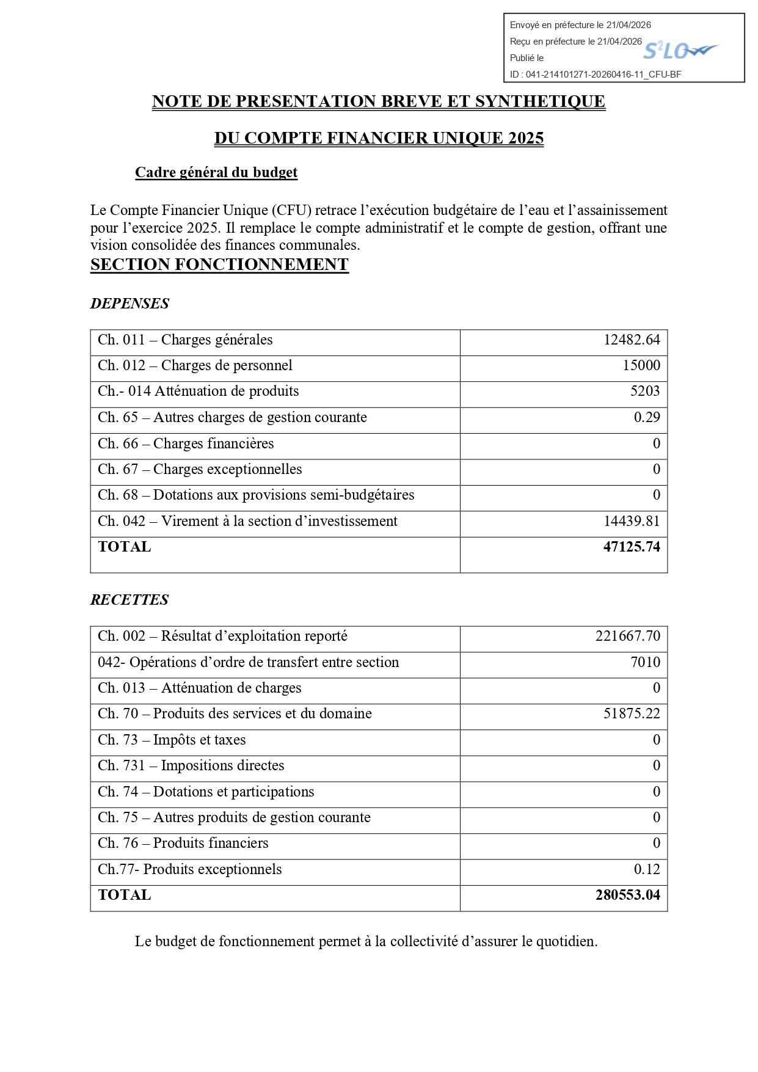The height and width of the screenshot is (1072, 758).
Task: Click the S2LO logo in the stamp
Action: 679,51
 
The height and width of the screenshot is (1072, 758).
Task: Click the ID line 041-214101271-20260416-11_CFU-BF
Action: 596,75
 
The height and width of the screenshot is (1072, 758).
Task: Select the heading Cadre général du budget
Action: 216,173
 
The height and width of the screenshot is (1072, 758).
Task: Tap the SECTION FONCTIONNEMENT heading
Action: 219,264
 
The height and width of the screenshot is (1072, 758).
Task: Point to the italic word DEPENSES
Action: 129,304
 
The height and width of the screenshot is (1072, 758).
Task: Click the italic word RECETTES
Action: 129,600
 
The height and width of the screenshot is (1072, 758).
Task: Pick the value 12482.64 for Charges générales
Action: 632,340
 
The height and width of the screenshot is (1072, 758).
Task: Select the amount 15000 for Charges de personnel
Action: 641,366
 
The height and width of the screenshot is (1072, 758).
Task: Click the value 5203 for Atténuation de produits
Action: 645,392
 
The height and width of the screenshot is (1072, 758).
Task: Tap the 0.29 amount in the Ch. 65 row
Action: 647,418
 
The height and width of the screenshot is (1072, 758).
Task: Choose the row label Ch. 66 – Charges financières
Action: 186,444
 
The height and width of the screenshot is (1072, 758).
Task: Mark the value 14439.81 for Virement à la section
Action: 632,522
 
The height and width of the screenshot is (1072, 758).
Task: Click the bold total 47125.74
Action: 632,547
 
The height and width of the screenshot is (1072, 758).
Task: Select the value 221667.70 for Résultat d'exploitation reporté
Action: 628,636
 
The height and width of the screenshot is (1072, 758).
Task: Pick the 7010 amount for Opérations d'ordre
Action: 645,663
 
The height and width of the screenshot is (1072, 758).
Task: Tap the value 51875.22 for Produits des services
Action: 632,714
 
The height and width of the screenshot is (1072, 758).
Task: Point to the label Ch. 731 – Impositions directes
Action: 191,766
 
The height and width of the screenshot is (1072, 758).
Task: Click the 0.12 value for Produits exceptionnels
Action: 647,870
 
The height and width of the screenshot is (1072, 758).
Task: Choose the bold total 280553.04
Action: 628,895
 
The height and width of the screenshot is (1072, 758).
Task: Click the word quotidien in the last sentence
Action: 565,942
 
